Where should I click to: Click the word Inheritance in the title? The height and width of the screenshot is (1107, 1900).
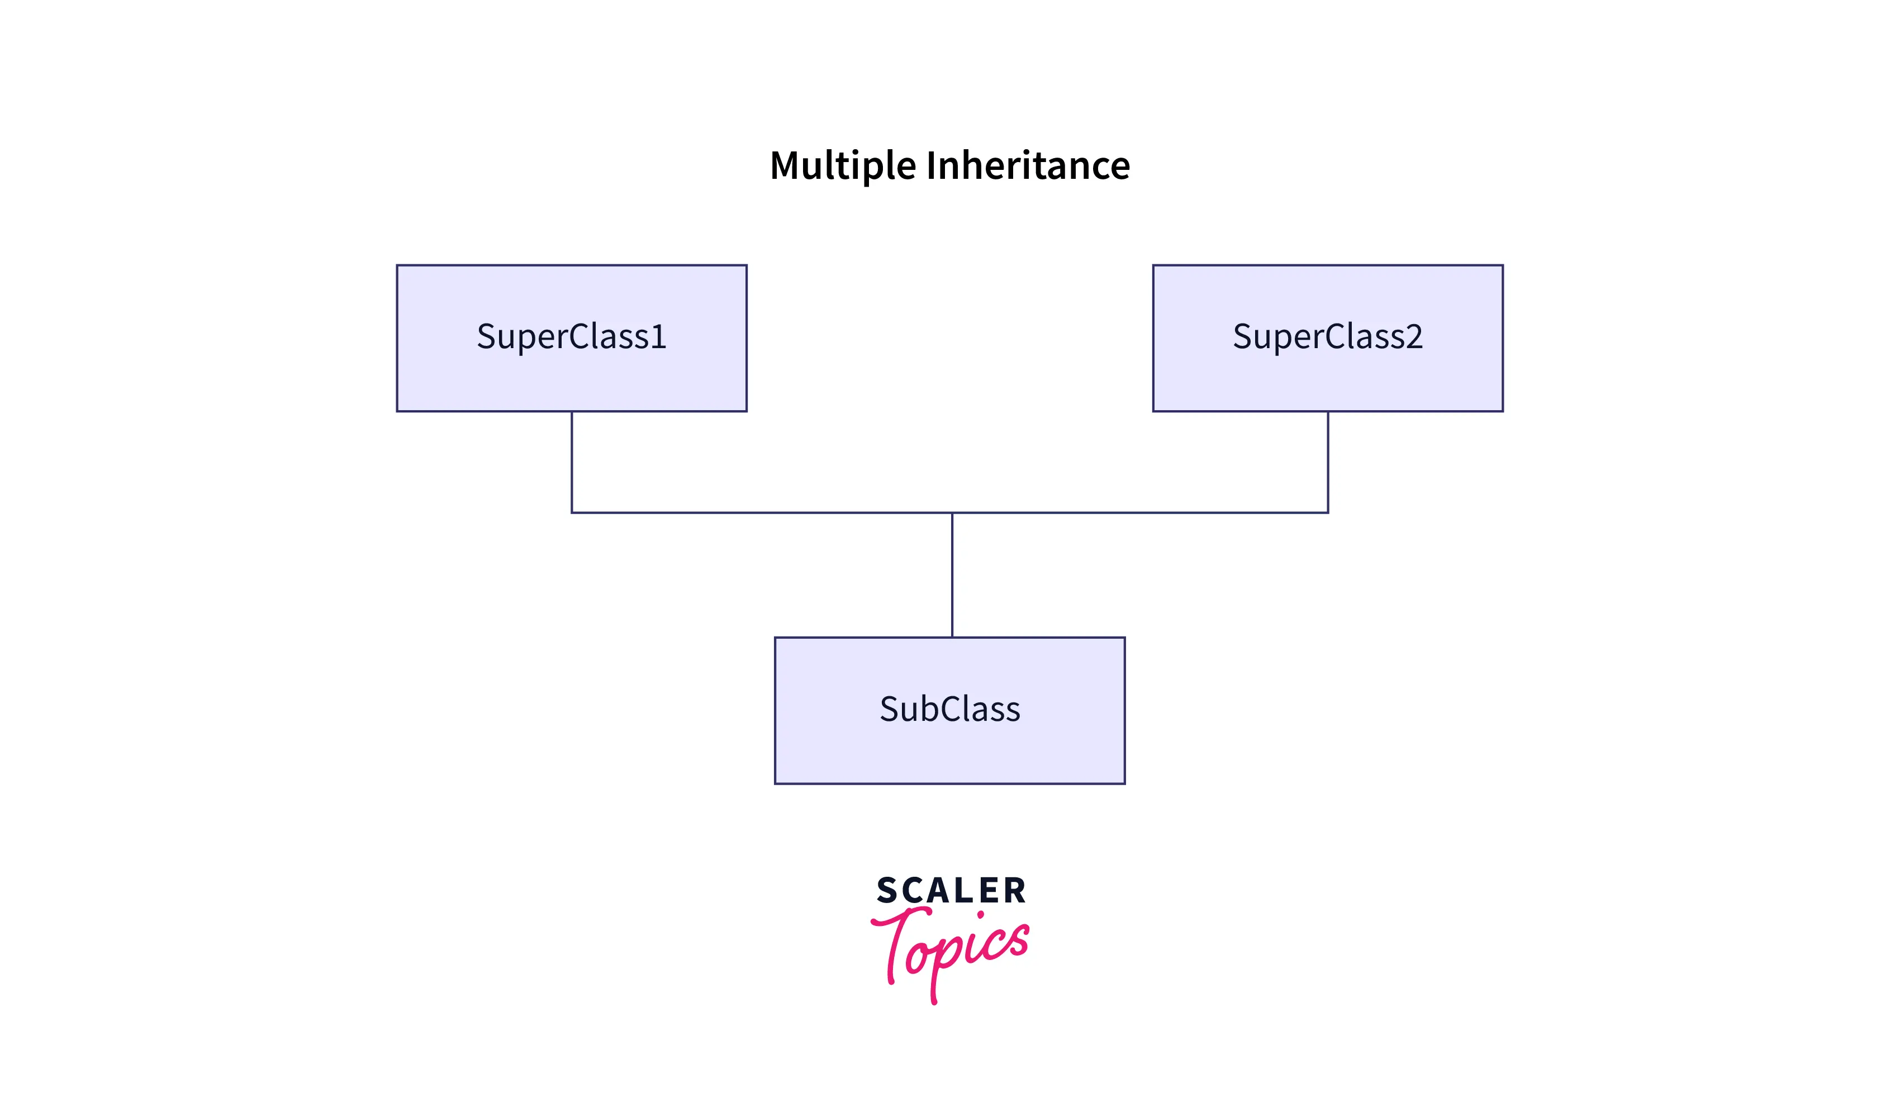(1028, 166)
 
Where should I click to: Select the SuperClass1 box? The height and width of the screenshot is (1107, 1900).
(572, 377)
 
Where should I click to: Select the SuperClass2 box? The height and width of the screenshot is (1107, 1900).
(1328, 377)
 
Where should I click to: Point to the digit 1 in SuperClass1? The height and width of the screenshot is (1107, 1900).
(659, 336)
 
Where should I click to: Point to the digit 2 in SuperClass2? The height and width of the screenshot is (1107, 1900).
(1414, 336)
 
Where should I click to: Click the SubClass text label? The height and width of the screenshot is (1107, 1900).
(949, 709)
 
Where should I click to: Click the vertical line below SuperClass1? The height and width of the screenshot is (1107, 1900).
(572, 462)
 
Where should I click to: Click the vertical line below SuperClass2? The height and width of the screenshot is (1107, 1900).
(1328, 462)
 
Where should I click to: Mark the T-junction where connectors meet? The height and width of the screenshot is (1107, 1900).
(952, 513)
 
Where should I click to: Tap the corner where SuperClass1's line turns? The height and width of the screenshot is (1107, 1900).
(572, 513)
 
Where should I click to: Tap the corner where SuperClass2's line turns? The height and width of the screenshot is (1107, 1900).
(1328, 513)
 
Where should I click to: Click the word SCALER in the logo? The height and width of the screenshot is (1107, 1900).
(951, 891)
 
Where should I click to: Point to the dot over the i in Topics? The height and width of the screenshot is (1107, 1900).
(980, 915)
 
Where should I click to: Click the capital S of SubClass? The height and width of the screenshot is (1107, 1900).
(889, 709)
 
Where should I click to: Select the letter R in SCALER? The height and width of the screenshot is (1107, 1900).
(1015, 891)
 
